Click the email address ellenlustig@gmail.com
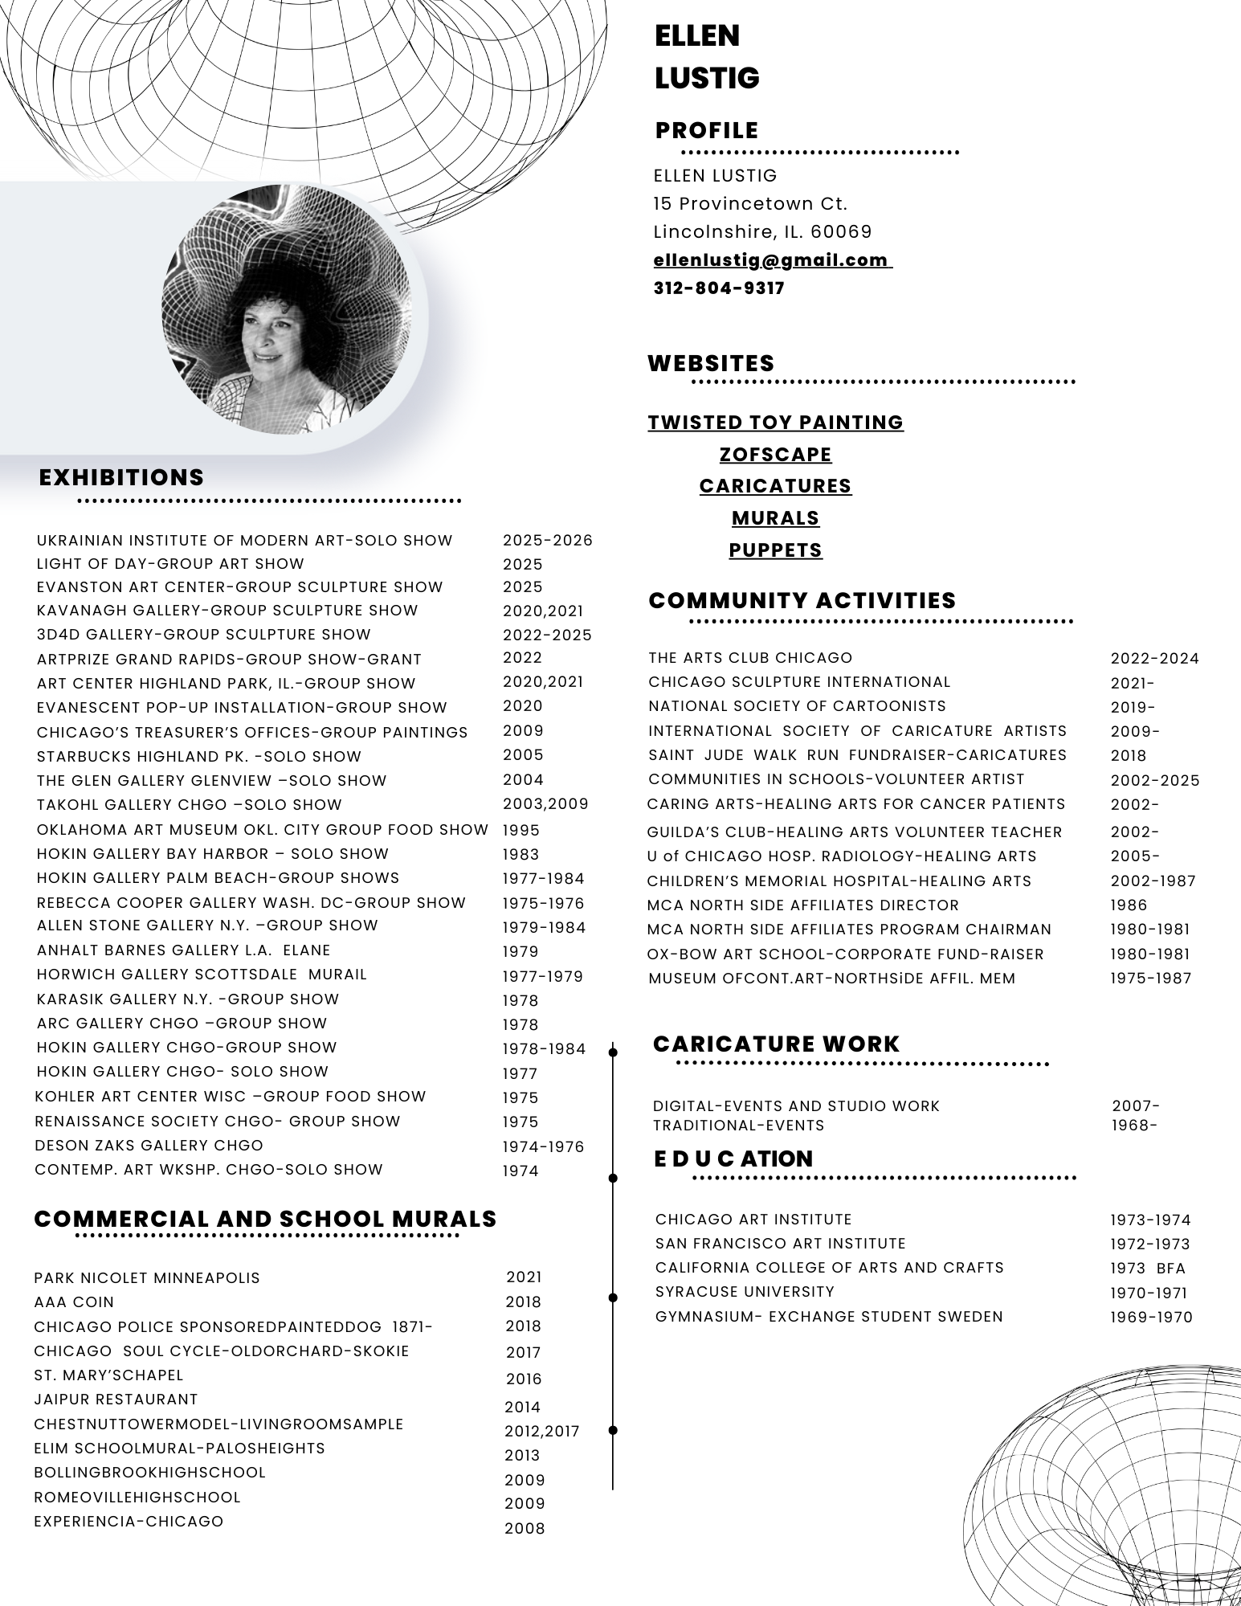click(772, 260)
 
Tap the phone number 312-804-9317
click(719, 288)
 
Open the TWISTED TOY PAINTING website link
click(775, 423)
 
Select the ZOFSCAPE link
click(775, 455)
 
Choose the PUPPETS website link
click(775, 550)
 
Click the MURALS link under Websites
click(775, 518)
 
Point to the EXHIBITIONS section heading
click(121, 477)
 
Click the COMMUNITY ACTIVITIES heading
click(802, 601)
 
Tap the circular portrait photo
click(286, 310)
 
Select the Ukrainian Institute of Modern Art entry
click(244, 541)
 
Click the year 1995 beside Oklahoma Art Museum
click(521, 830)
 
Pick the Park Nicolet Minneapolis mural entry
click(147, 1278)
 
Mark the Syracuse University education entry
click(745, 1292)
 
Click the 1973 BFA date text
click(1148, 1269)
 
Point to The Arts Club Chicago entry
click(750, 658)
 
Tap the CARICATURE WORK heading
click(776, 1044)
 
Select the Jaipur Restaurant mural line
click(116, 1400)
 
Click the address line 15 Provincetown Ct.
click(750, 204)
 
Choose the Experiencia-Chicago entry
click(129, 1522)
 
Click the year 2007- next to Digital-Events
click(1135, 1106)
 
